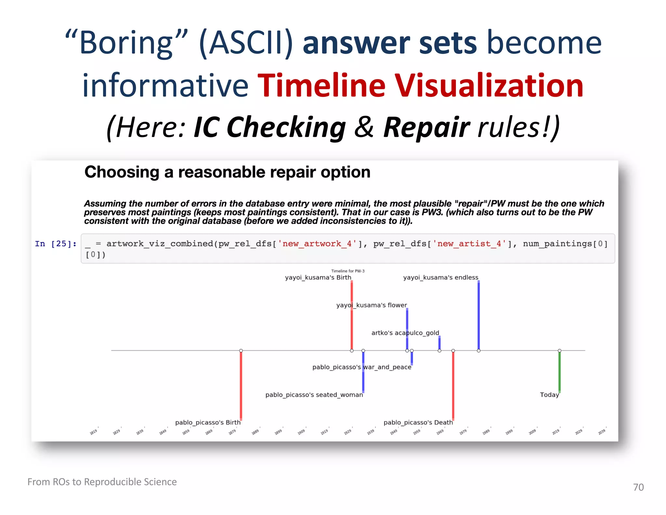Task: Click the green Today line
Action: [x=559, y=371]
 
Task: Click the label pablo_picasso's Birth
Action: [x=208, y=422]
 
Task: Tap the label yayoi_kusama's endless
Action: [x=441, y=277]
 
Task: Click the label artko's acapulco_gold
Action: [x=405, y=333]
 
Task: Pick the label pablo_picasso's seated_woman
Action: [x=314, y=395]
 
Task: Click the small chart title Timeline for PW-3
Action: [x=348, y=271]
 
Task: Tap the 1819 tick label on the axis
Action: [x=93, y=432]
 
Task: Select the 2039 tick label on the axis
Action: [x=602, y=432]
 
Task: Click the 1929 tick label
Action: [x=348, y=432]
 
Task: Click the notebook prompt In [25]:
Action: [x=56, y=244]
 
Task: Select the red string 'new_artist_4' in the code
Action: [x=470, y=244]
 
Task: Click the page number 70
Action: [x=638, y=487]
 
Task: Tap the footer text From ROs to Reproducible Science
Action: [x=102, y=481]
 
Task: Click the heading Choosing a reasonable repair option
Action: [x=227, y=172]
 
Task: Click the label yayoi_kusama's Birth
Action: [x=318, y=277]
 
